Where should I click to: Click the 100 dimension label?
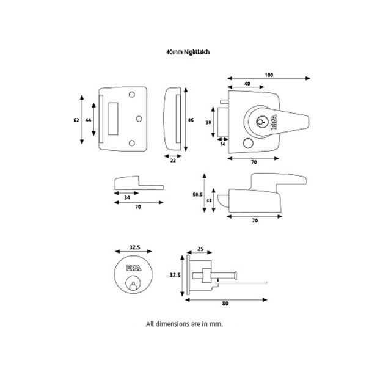point(269,75)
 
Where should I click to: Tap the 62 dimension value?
point(76,120)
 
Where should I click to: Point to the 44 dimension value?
point(89,120)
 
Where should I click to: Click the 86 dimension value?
point(191,120)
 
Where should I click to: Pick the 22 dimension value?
point(172,160)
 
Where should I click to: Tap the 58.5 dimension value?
point(197,194)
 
